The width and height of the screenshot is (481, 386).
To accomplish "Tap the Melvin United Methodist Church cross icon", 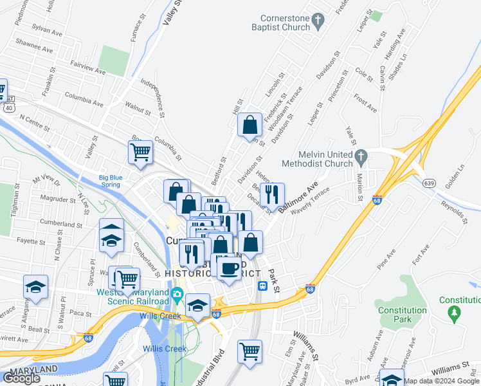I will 361,156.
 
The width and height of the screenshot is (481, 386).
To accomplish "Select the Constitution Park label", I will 403,315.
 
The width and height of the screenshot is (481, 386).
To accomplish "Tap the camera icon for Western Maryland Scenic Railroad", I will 177,297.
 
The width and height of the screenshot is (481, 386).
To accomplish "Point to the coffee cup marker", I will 228,268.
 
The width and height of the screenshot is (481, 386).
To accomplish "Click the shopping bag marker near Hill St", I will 250,125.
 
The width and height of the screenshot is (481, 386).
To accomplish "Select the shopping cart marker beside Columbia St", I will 140,153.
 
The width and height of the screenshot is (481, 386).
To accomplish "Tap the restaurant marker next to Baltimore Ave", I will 272,195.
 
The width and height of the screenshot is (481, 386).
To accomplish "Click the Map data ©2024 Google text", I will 442,381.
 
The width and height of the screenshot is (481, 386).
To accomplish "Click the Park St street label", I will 275,280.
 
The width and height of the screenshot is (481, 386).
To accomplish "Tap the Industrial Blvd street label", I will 216,367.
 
